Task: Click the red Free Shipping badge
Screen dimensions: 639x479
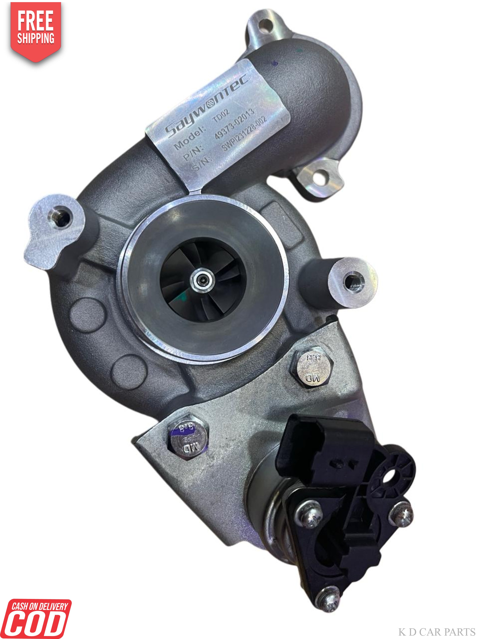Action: [36, 30]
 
